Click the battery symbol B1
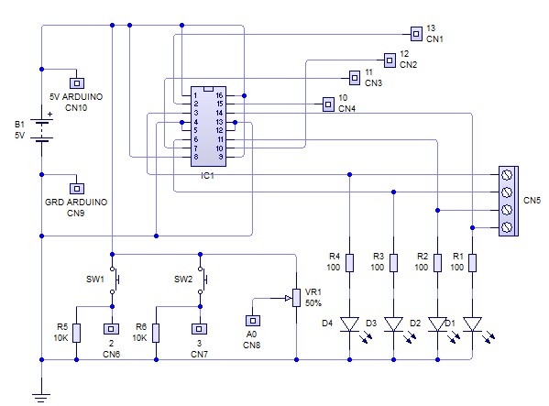[x=42, y=126]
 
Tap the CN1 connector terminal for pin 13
[x=417, y=34]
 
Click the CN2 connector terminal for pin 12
[x=390, y=60]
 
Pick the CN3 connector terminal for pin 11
[x=355, y=77]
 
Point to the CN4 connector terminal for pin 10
[x=328, y=104]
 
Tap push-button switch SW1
[x=113, y=279]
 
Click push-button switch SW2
[x=201, y=279]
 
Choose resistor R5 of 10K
[x=76, y=332]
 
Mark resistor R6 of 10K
[x=156, y=332]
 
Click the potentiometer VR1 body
[x=295, y=296]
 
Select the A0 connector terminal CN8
[x=252, y=322]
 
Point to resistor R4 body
[x=349, y=264]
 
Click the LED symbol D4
[x=349, y=324]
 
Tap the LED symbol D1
[x=471, y=324]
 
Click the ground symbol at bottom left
[x=42, y=396]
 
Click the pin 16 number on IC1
[x=219, y=95]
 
